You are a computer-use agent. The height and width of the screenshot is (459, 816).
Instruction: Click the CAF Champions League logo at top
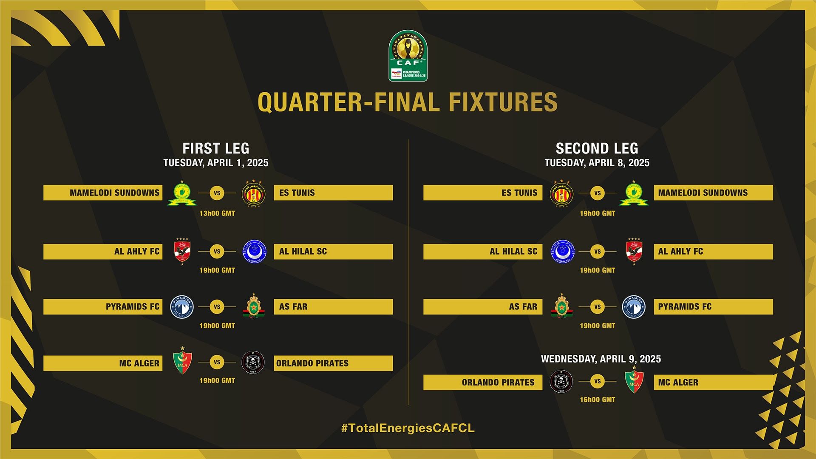pos(408,56)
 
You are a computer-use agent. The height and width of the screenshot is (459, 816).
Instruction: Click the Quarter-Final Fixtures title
pos(408,102)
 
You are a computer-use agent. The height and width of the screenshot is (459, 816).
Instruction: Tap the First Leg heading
pos(216,148)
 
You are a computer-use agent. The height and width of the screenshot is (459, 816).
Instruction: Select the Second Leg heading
pos(597,148)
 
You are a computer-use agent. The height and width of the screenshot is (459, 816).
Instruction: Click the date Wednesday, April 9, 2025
pos(601,359)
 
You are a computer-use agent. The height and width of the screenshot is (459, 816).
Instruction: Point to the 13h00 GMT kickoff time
pos(217,213)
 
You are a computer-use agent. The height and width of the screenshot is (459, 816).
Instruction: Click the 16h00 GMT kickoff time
pos(597,399)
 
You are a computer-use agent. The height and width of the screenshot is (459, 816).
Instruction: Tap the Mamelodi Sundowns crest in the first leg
pos(182,193)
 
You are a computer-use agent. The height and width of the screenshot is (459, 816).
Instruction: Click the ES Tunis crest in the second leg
pos(562,193)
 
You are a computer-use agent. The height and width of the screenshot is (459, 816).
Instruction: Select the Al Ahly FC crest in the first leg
pos(182,252)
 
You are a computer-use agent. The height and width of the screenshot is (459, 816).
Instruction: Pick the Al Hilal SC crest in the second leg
pos(562,252)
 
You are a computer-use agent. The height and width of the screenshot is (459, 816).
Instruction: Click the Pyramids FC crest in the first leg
pos(182,307)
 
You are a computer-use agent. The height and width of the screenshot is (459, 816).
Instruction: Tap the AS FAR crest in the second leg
pos(561,306)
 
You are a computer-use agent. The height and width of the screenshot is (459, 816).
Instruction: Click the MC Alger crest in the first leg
pos(182,362)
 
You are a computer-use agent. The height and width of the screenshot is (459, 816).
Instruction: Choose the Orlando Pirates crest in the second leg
pos(561,382)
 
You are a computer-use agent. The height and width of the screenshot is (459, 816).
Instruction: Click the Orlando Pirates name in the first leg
pos(312,363)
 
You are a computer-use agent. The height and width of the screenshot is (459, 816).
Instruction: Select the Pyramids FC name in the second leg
pos(685,307)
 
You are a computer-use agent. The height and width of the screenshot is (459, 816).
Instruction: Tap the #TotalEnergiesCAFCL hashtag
pos(408,428)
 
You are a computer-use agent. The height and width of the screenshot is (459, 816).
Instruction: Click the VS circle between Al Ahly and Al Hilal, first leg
pos(217,252)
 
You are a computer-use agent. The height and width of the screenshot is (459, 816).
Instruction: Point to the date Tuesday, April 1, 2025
pos(216,163)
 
